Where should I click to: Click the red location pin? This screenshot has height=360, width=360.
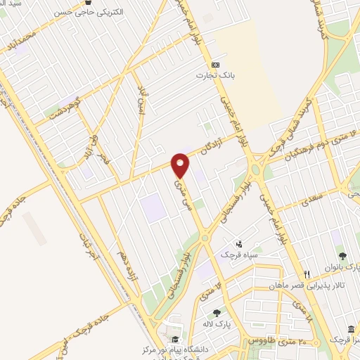point(181,165)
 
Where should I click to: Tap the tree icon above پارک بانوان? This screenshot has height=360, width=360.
point(342,256)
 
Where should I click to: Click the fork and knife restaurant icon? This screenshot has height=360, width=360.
point(306,274)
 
